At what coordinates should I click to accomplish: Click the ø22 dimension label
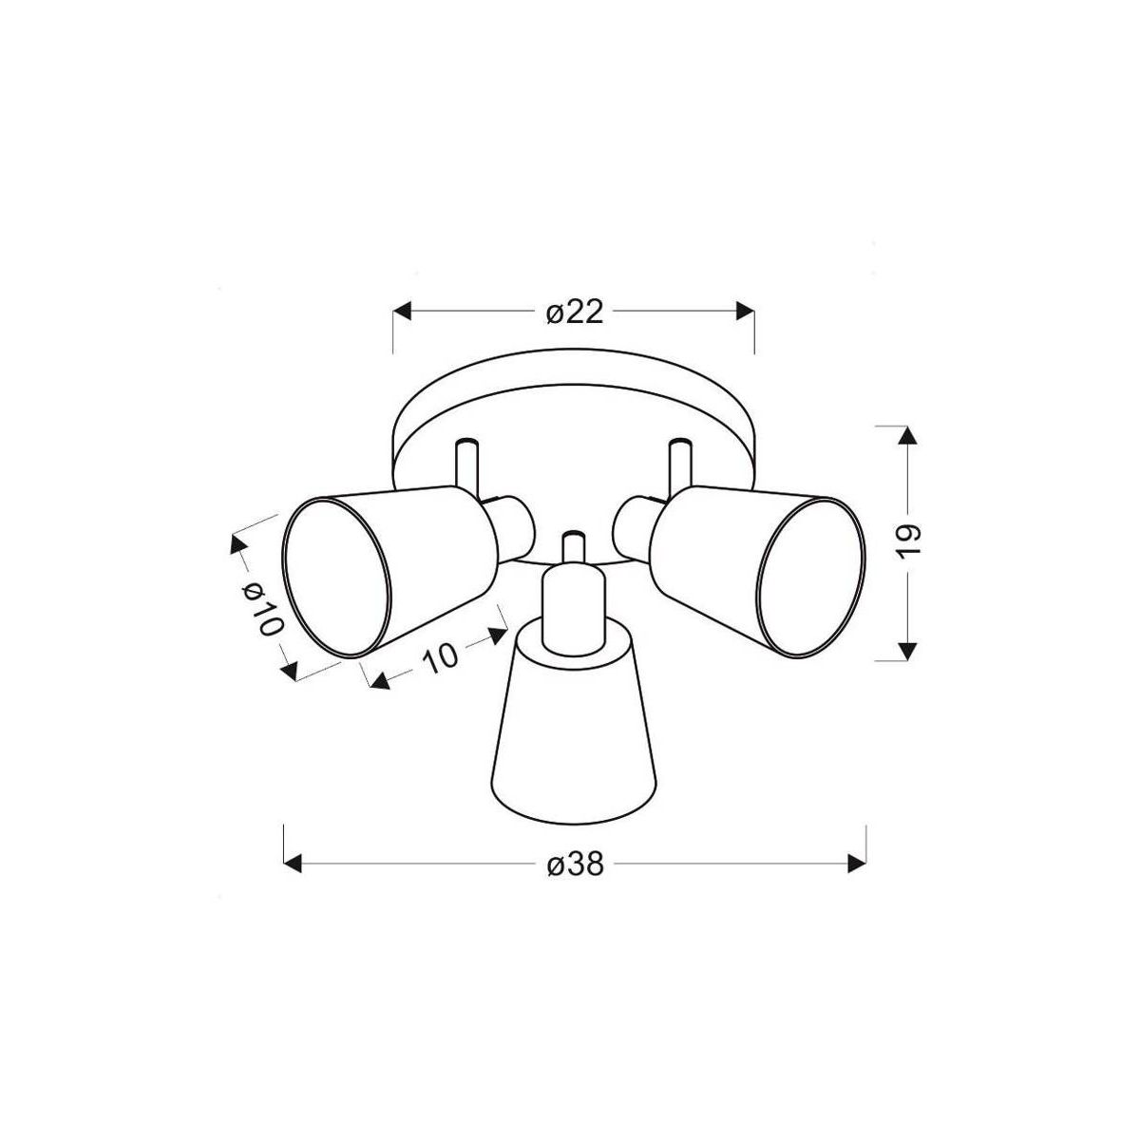(575, 312)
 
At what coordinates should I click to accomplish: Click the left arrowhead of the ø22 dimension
(402, 311)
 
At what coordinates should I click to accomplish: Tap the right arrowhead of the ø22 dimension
(745, 311)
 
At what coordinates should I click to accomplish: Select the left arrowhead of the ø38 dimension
(293, 864)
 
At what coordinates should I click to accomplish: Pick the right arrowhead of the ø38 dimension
(857, 864)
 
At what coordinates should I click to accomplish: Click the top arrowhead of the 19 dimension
(907, 435)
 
